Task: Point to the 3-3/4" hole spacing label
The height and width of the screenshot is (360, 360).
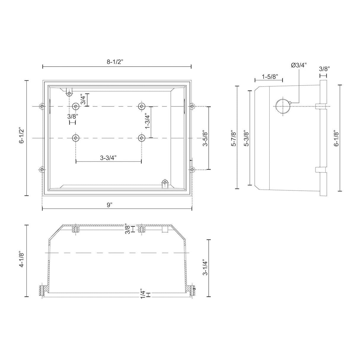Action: point(108,158)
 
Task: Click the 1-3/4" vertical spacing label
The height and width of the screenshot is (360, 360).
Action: point(148,121)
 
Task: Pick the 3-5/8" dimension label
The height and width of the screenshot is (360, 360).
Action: point(205,138)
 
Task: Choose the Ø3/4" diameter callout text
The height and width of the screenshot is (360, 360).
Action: point(299,65)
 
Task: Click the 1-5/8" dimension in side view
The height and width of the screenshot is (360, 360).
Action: point(270,77)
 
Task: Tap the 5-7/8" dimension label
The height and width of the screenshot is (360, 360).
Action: point(234,138)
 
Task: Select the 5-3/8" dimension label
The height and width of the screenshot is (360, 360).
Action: point(247,138)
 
